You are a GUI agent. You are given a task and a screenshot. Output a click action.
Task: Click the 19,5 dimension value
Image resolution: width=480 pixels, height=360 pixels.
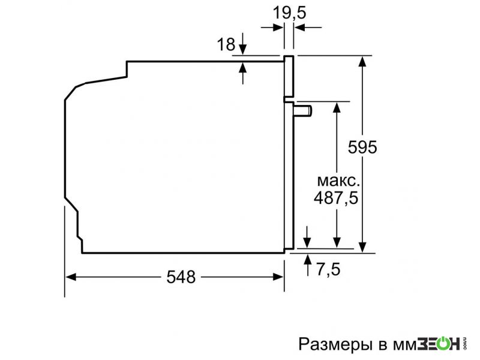coord(289,13)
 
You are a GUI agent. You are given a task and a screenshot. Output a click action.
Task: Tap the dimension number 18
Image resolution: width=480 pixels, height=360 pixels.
coord(226,44)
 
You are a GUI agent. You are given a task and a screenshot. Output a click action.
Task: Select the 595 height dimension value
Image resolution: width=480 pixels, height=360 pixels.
coord(362,147)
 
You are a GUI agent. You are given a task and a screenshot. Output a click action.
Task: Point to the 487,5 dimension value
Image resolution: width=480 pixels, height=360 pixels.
coord(336,197)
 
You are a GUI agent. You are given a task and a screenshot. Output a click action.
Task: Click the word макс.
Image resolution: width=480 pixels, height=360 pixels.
coord(338,181)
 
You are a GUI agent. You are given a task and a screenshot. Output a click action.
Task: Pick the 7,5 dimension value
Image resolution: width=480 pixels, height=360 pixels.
coord(328,269)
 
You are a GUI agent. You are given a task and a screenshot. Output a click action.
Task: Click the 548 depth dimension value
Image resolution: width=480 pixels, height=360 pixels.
coord(181,277)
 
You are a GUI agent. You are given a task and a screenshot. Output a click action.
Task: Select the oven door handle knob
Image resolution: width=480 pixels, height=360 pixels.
coord(303,110)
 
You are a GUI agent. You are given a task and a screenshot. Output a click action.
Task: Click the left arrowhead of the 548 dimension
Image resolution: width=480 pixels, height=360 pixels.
coord(70,277)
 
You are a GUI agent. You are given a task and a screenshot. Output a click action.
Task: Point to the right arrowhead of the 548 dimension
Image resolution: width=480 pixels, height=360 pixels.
coord(278,277)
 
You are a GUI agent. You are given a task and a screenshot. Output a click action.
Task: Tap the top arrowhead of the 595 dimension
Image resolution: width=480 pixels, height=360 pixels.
coord(362,61)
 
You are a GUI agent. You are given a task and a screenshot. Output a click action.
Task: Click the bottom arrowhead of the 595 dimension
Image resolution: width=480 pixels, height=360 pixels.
coord(362,247)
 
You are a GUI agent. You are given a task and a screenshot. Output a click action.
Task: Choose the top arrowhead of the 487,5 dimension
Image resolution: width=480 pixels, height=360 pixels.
coord(337,107)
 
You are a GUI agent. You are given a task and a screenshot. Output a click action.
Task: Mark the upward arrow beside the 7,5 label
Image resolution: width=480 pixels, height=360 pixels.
coord(308,265)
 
